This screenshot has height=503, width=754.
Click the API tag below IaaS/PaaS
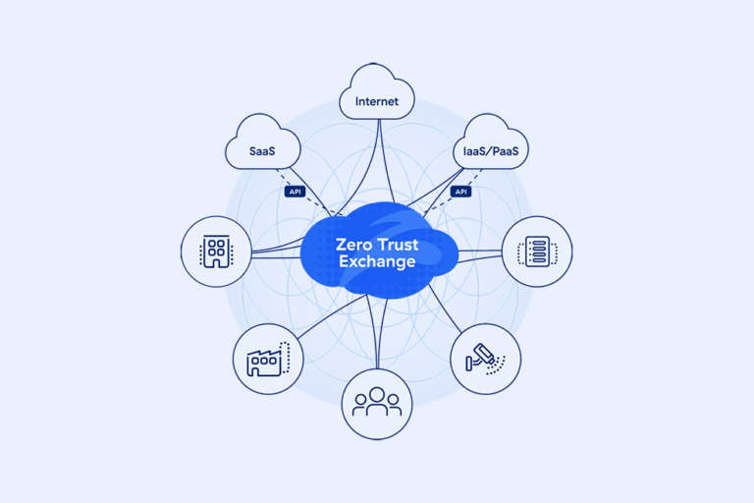tap(459, 191)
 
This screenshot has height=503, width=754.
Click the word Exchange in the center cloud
tap(377, 262)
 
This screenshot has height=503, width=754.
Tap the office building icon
tap(216, 251)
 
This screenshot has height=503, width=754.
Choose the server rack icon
tap(537, 251)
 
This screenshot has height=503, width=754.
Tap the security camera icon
tap(485, 359)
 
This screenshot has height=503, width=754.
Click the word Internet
tap(377, 100)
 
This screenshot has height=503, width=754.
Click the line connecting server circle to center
tap(481, 251)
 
